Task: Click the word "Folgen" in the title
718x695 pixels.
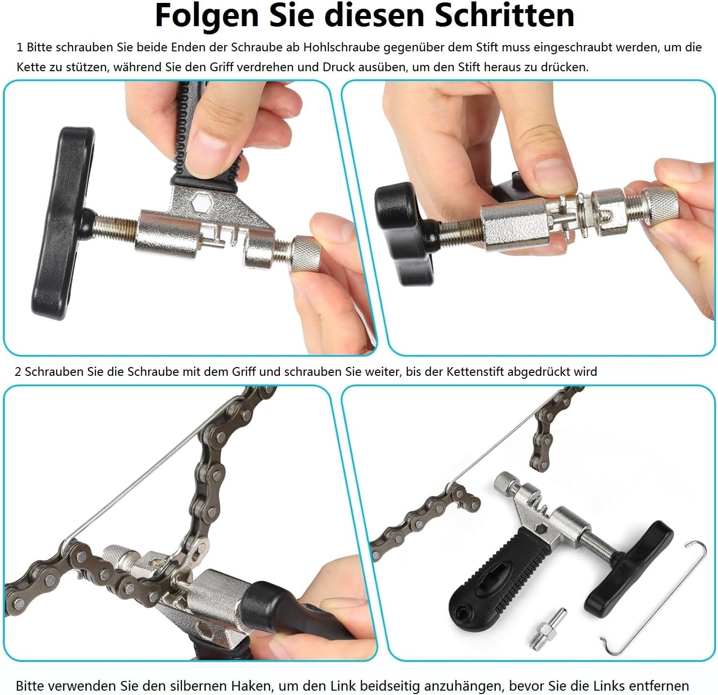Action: tap(207, 16)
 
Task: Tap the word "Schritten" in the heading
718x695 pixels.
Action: tap(504, 15)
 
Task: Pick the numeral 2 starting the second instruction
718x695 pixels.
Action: tap(18, 371)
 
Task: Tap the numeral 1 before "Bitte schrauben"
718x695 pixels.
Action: tap(19, 47)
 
